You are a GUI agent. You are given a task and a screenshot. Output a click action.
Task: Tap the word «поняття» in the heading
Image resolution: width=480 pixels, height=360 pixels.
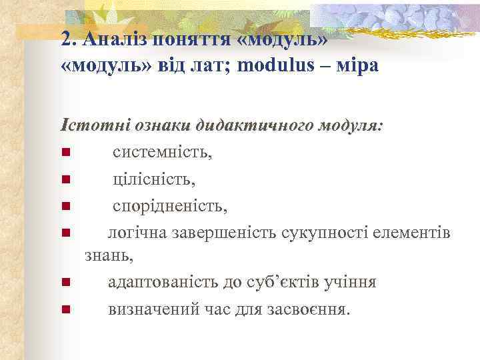192,38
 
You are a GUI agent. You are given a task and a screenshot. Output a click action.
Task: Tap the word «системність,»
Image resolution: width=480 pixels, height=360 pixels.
163,153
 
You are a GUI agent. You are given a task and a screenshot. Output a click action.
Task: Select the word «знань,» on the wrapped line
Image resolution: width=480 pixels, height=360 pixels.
109,255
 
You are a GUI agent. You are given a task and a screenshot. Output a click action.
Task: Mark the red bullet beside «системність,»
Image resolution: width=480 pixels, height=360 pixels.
65,154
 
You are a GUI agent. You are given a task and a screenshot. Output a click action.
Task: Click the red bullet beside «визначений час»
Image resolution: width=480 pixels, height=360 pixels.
65,310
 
